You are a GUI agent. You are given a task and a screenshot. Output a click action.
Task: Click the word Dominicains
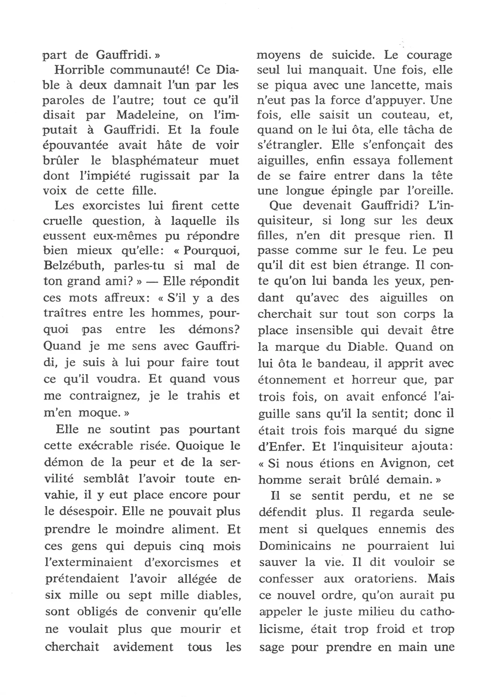[x=295, y=546]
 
